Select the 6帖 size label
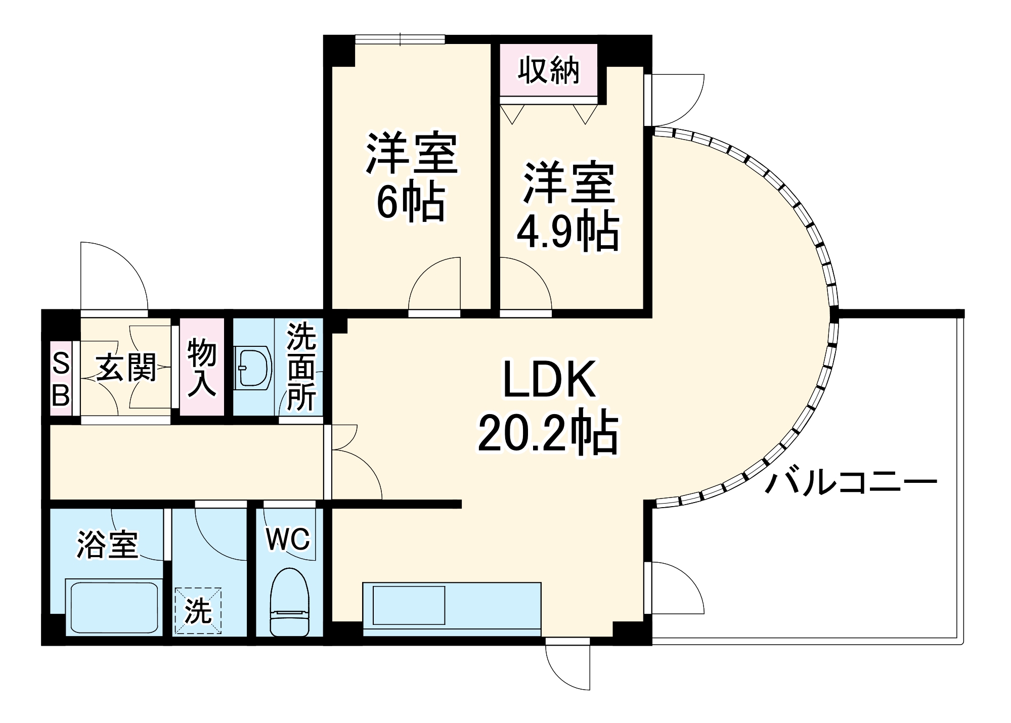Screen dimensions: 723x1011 pos(411,202)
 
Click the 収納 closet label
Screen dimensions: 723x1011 pos(549,70)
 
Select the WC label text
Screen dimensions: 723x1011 pos(288,539)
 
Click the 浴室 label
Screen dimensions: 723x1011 pos(107,545)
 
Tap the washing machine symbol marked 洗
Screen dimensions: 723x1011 pos(198,610)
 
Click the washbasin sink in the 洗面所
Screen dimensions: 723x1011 pos(252,368)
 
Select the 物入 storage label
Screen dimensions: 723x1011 pos(202,368)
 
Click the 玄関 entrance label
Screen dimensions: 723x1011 pos(126,368)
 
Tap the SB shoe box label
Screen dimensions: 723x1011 pos(61,379)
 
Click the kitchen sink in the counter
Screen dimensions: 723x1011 pos(409,605)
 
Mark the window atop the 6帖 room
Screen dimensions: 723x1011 pos(400,39)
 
